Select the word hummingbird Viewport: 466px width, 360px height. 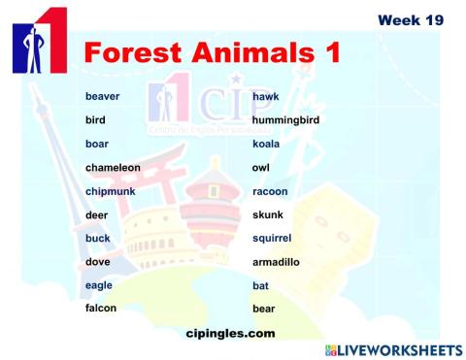[285, 120]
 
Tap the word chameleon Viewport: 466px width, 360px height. [113, 168]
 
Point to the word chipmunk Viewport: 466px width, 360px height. [110, 191]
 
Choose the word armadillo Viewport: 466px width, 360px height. [277, 262]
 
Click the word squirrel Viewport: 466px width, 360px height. [272, 238]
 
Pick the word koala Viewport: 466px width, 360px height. [266, 144]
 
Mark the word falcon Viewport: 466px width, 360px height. [101, 309]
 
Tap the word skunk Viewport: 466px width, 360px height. [267, 214]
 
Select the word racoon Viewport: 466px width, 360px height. [270, 191]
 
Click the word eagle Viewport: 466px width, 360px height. [99, 285]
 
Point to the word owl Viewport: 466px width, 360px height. [260, 168]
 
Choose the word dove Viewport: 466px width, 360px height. [98, 262]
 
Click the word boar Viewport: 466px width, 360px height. [97, 144]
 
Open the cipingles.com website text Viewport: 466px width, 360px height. [229, 333]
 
